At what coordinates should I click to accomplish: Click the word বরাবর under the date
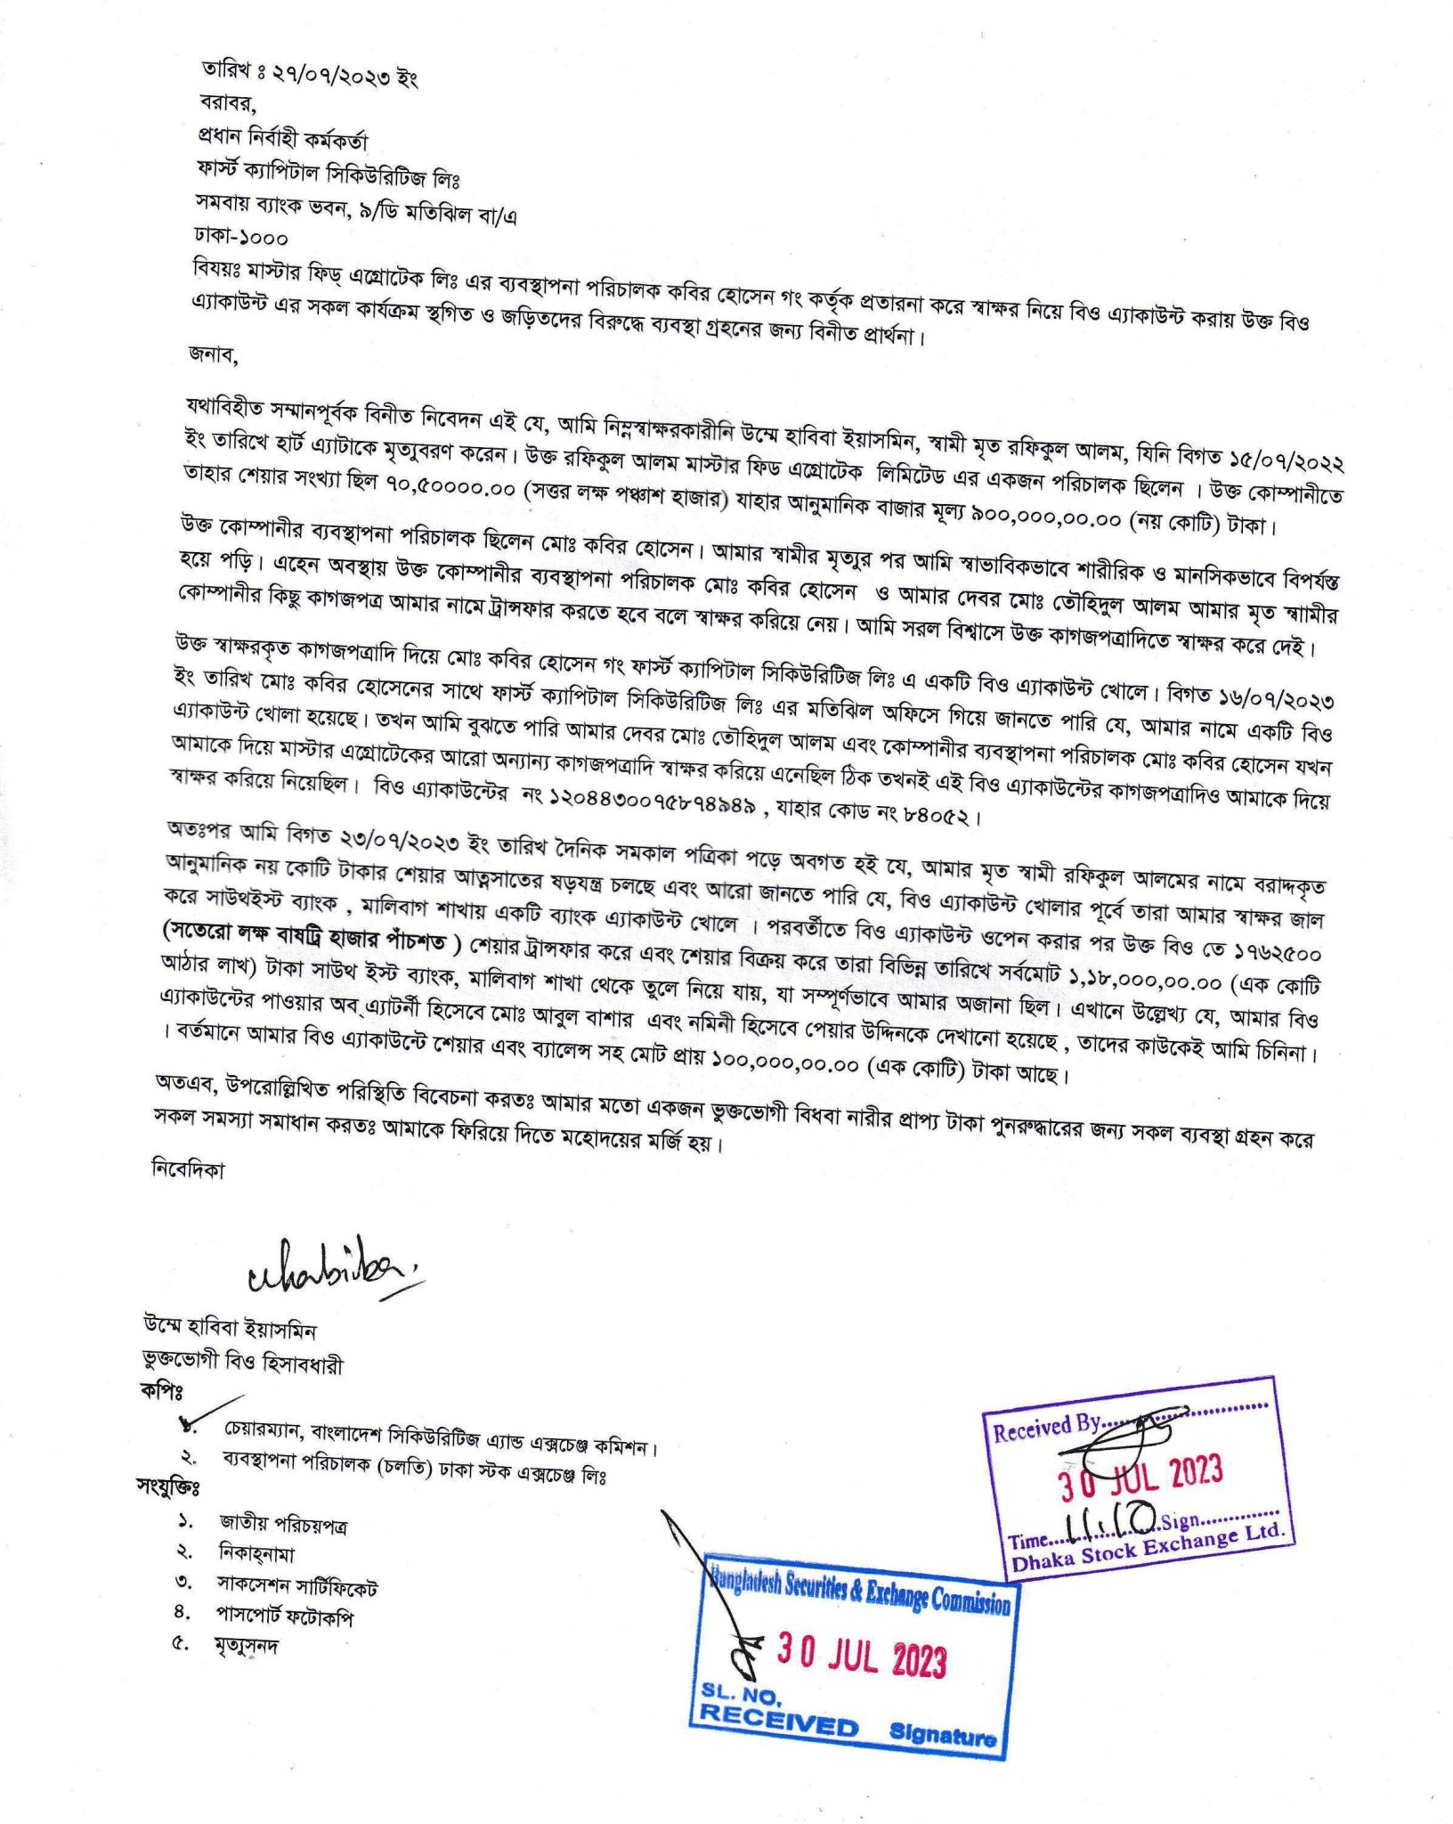pyautogui.click(x=227, y=103)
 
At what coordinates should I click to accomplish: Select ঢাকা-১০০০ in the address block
pyautogui.click(x=241, y=238)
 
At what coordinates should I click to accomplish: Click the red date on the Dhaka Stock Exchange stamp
pyautogui.click(x=1140, y=1480)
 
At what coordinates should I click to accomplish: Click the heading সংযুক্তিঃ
pyautogui.click(x=168, y=1486)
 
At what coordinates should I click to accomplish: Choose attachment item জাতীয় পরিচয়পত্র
pyautogui.click(x=283, y=1523)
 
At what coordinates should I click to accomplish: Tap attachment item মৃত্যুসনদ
pyautogui.click(x=246, y=1644)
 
